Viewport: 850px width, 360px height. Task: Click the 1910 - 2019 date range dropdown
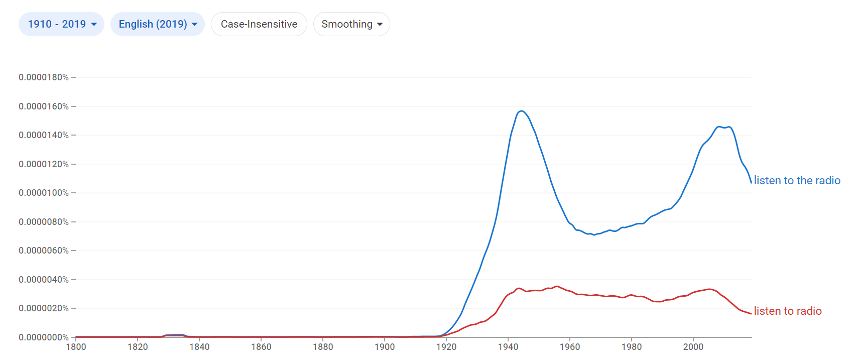pyautogui.click(x=61, y=24)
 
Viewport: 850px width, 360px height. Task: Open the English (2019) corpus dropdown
pyautogui.click(x=158, y=24)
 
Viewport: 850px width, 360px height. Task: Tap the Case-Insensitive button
pyautogui.click(x=259, y=24)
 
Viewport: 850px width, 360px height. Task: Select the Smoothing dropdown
pyautogui.click(x=351, y=24)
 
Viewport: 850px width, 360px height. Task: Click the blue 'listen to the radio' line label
pyautogui.click(x=797, y=181)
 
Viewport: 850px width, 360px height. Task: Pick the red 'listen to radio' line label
pyautogui.click(x=787, y=311)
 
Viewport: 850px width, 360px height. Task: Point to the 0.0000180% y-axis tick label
pyautogui.click(x=44, y=77)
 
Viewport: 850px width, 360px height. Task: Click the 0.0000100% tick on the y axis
pyautogui.click(x=44, y=193)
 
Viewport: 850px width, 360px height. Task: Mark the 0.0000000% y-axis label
pyautogui.click(x=44, y=337)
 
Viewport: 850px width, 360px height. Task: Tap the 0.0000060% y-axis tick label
pyautogui.click(x=44, y=251)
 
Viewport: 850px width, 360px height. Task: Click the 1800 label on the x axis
pyautogui.click(x=76, y=347)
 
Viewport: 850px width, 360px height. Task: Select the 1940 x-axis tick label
pyautogui.click(x=508, y=347)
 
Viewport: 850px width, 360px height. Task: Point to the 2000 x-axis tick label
pyautogui.click(x=693, y=347)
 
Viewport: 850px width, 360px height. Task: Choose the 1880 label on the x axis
pyautogui.click(x=323, y=347)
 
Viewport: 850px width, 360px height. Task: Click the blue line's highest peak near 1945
pyautogui.click(x=522, y=111)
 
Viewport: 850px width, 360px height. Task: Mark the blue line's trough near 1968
pyautogui.click(x=594, y=234)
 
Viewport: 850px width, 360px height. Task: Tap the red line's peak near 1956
pyautogui.click(x=556, y=286)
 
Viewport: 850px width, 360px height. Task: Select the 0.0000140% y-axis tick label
pyautogui.click(x=44, y=135)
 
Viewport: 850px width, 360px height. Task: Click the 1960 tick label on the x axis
pyautogui.click(x=570, y=347)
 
